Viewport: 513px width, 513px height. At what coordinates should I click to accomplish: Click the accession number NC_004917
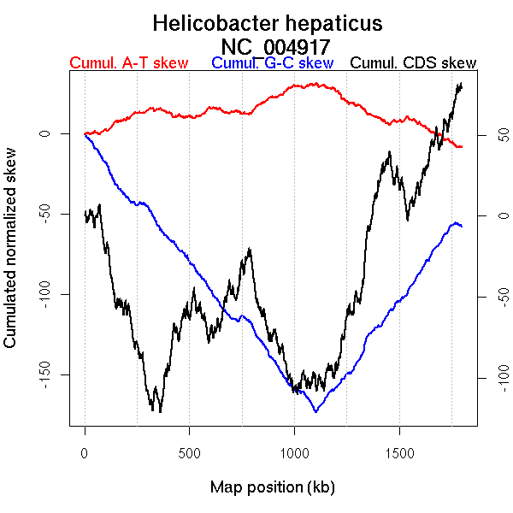(x=275, y=45)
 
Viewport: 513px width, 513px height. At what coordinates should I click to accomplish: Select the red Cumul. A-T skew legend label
(x=128, y=63)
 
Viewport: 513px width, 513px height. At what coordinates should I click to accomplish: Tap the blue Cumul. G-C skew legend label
(x=272, y=63)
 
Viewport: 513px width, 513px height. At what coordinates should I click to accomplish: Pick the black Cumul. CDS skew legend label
(x=414, y=63)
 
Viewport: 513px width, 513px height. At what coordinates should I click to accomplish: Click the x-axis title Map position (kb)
(x=272, y=487)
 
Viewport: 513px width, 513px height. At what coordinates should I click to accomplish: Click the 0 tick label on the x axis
(x=85, y=453)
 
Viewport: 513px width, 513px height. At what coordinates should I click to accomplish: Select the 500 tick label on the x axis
(x=189, y=453)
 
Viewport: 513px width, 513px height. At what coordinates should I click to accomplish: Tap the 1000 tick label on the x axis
(x=294, y=453)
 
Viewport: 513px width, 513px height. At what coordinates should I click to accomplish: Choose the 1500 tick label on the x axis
(x=398, y=453)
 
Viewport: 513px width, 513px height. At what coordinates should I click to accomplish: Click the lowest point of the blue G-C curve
(x=316, y=412)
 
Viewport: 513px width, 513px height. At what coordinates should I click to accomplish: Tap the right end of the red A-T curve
(x=462, y=147)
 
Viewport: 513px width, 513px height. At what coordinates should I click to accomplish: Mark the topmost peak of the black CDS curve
(x=461, y=84)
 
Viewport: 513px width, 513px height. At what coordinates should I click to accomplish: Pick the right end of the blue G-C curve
(x=462, y=226)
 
